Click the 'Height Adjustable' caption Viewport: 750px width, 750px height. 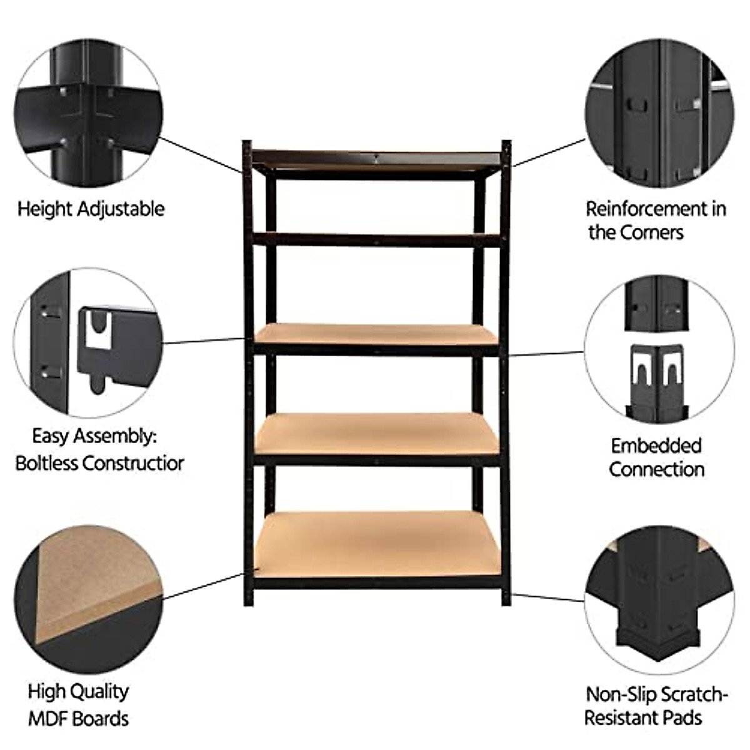[91, 209]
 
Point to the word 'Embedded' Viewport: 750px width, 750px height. [656, 446]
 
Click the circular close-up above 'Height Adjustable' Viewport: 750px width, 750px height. [89, 113]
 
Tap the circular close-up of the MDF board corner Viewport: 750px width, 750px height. [89, 599]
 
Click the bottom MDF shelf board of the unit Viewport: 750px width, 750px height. [377, 545]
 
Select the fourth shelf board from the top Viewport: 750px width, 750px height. [377, 433]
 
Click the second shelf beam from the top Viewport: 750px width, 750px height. [377, 239]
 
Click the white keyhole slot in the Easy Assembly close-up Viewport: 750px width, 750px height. [97, 329]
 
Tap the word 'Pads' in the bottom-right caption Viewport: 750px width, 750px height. [682, 717]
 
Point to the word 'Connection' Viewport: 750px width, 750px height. [657, 469]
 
